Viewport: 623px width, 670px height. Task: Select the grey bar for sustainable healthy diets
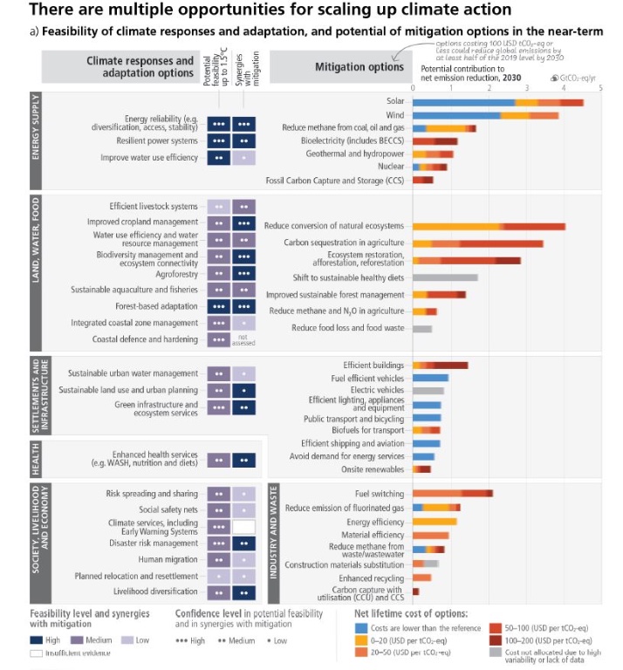tap(445, 277)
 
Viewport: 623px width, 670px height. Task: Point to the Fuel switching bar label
tap(380, 494)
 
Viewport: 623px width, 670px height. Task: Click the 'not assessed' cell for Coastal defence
tap(244, 339)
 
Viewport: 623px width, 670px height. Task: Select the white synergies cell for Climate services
tap(244, 527)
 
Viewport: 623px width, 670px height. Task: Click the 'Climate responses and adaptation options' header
tap(140, 67)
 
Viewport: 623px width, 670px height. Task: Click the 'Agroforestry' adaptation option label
tap(175, 273)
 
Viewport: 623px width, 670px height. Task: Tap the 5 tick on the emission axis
tap(601, 87)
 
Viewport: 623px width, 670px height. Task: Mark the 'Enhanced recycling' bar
tap(421, 578)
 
